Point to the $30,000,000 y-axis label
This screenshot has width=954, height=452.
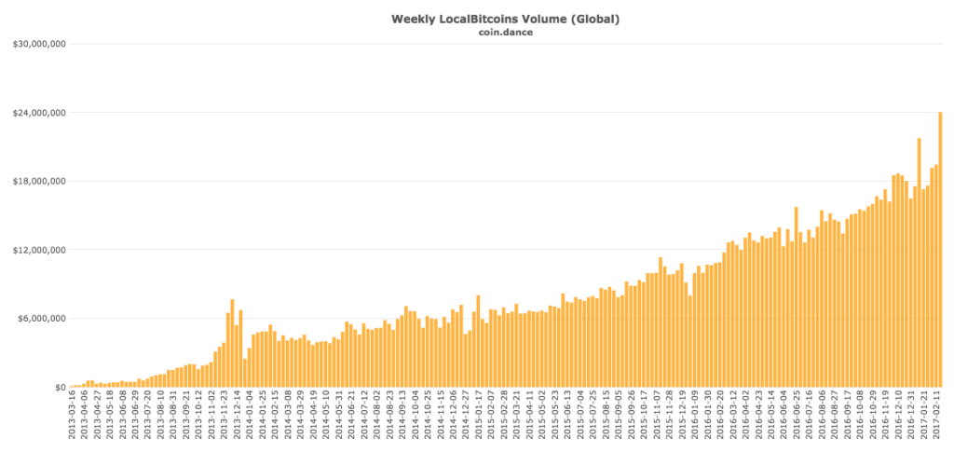pos(38,44)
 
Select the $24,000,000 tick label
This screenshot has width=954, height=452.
pos(38,113)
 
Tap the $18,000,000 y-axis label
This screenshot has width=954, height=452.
pos(38,181)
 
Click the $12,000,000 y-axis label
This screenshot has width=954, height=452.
pos(38,250)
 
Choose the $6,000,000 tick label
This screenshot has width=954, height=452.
pos(41,319)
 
